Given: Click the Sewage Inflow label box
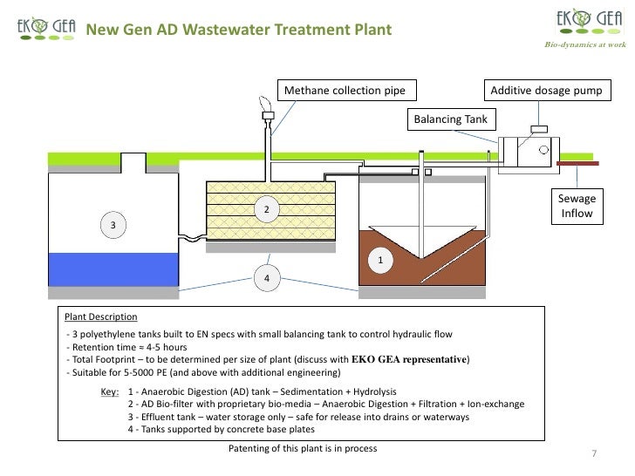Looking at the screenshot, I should pos(577,207).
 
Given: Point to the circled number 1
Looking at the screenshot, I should pos(379,260).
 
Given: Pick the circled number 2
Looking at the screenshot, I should pos(266,211).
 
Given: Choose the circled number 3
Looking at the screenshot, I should pos(112,226).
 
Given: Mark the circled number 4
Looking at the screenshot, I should pos(266,278).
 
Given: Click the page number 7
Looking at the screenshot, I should pos(593,454).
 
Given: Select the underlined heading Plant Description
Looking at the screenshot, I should pos(96,316).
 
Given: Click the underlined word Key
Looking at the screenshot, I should pos(109,392).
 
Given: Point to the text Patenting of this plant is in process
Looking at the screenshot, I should pos(304,448).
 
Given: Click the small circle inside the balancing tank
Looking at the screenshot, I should pos(544,149).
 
